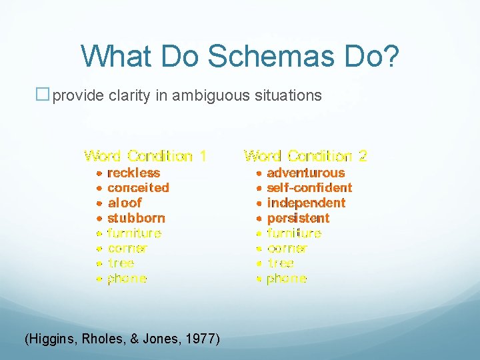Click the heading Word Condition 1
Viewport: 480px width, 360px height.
pos(145,156)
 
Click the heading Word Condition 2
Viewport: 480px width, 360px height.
pos(305,156)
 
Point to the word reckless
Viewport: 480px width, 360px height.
pos(133,173)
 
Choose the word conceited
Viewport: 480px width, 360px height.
pos(138,188)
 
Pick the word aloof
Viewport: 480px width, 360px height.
pos(125,203)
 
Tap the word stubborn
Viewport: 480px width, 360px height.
pos(136,218)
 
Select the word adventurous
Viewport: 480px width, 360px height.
pos(305,173)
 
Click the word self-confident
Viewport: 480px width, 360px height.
pos(309,188)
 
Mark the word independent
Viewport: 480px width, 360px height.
pos(306,203)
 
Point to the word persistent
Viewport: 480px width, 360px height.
pos(298,218)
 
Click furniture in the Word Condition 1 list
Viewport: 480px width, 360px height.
pos(134,233)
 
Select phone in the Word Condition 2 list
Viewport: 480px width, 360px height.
pos(287,279)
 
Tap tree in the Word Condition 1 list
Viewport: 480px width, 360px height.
pos(121,263)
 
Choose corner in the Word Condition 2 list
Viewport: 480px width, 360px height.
pos(287,249)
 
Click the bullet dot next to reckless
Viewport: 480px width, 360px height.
pos(99,173)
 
